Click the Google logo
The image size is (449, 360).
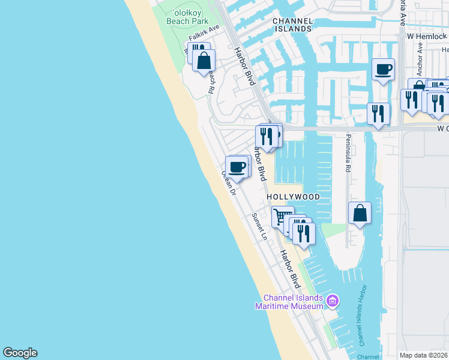point(20,353)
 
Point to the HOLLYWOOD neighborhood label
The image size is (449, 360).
point(293,197)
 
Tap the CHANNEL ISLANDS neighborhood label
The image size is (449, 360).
point(292,25)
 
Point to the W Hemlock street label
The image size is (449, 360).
point(427,37)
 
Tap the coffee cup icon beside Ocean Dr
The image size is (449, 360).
point(237,166)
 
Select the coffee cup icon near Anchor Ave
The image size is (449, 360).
point(383,70)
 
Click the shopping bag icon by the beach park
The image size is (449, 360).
point(203,61)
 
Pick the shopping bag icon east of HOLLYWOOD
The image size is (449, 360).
point(359,213)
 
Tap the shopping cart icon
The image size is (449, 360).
point(282,217)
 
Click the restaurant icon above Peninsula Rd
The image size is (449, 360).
point(378,113)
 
